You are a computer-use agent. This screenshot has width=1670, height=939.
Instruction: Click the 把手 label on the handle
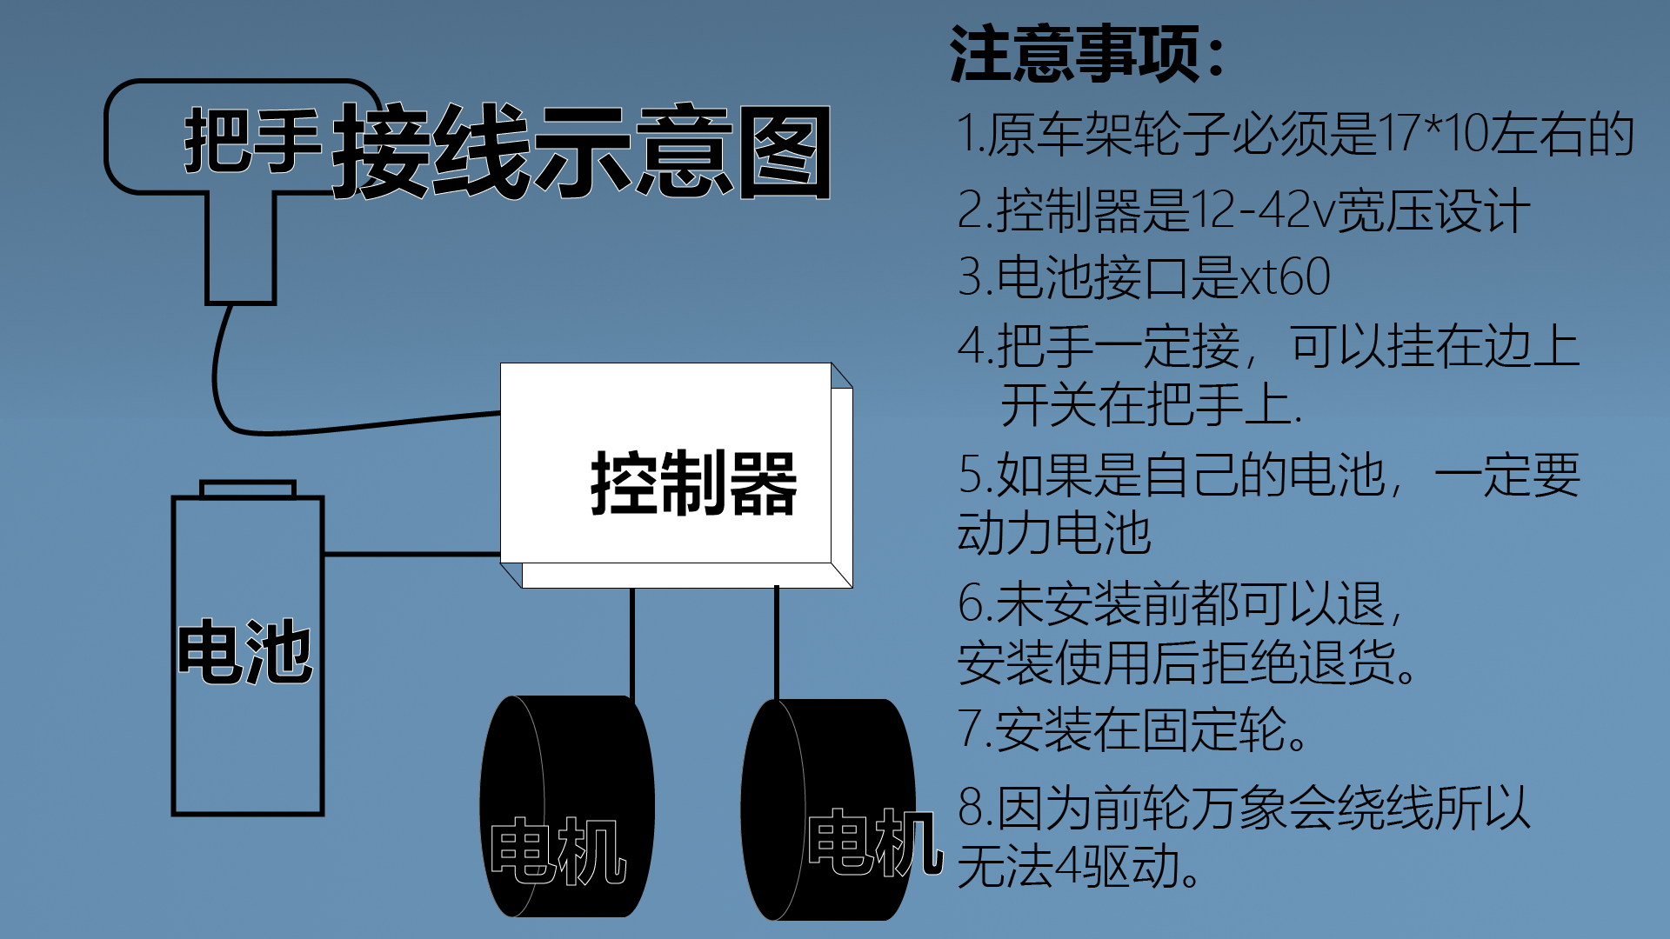coord(253,140)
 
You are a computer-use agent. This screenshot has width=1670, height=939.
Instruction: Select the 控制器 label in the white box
coord(693,483)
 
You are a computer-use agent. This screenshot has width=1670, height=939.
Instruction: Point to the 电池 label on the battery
coord(244,651)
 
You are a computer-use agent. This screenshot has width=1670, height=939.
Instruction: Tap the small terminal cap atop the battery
coord(248,489)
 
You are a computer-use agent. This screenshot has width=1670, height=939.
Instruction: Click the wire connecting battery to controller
coord(412,554)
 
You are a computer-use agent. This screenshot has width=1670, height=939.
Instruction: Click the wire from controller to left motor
coord(632,643)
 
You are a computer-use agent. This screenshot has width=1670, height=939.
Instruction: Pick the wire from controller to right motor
coord(777,643)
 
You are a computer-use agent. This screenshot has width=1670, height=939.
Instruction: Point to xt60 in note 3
coord(1285,277)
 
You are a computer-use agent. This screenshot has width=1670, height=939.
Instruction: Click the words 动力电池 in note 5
coord(1054,533)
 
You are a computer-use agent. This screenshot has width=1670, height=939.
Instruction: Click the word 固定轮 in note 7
coord(1213,729)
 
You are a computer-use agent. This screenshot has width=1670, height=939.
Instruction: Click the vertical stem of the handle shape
coord(241,247)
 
